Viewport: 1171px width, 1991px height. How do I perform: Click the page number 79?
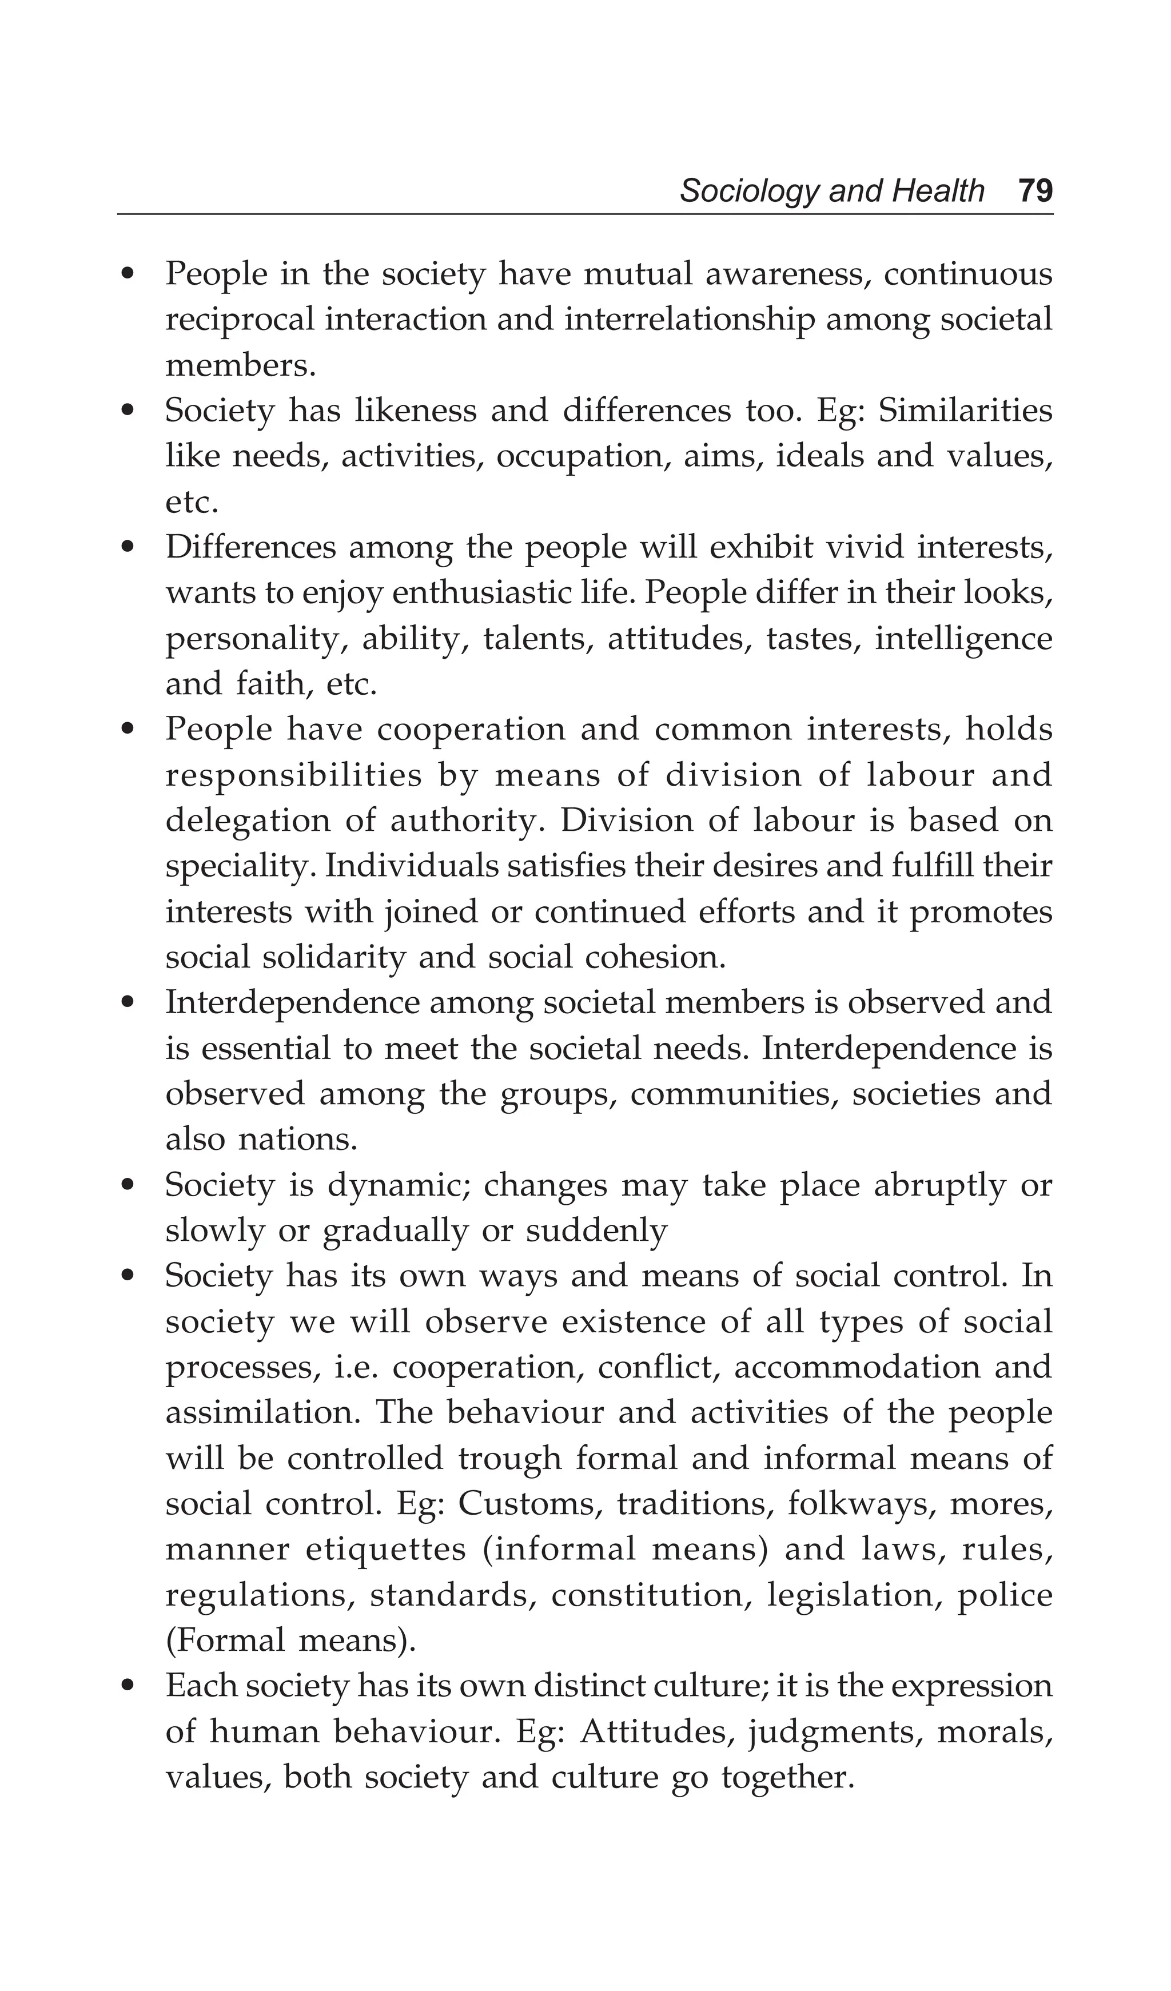pyautogui.click(x=1035, y=191)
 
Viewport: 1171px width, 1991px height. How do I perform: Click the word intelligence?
pyautogui.click(x=963, y=638)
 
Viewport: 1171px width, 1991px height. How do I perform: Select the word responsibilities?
pyautogui.click(x=294, y=775)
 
